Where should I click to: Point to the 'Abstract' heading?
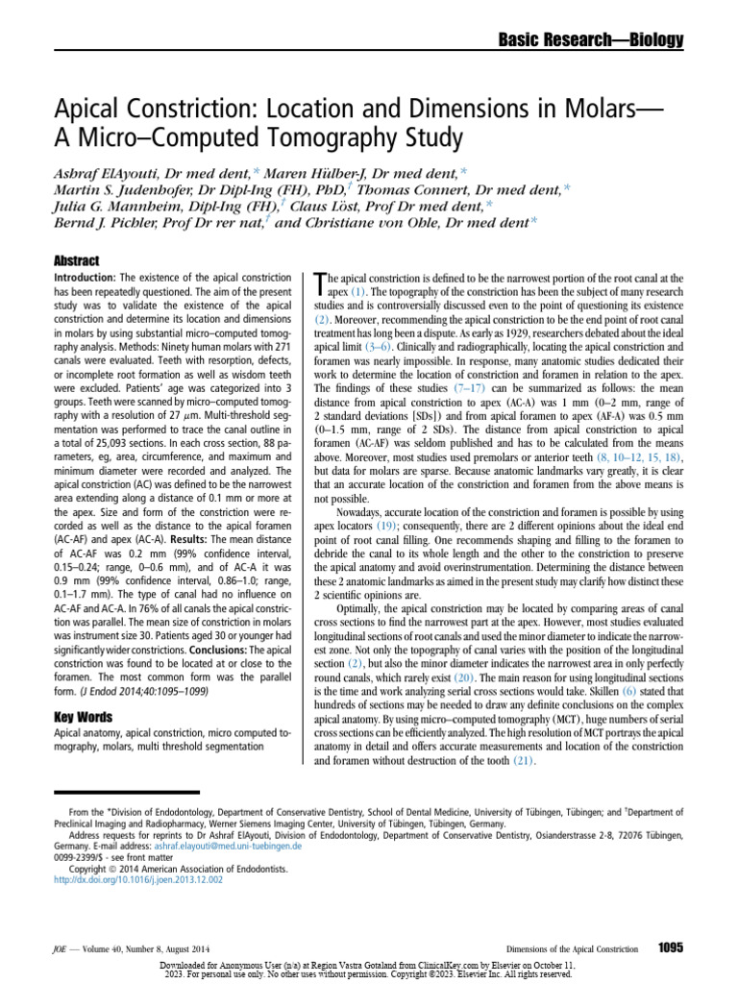tap(73, 261)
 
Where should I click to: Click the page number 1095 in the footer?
tap(670, 947)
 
